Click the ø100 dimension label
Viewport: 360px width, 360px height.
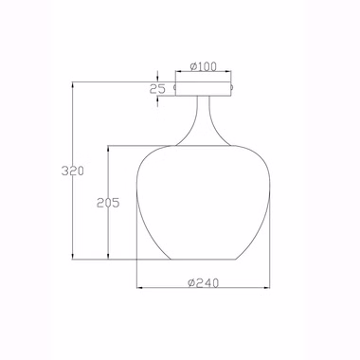click(204, 66)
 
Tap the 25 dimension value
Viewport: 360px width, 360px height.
click(157, 89)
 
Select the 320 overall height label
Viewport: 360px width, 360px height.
click(73, 171)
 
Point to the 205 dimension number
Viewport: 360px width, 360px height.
click(108, 203)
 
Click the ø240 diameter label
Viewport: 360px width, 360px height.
click(204, 283)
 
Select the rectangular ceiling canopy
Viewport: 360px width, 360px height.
click(204, 89)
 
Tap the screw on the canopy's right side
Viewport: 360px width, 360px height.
click(232, 86)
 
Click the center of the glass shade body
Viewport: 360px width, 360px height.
click(204, 202)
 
